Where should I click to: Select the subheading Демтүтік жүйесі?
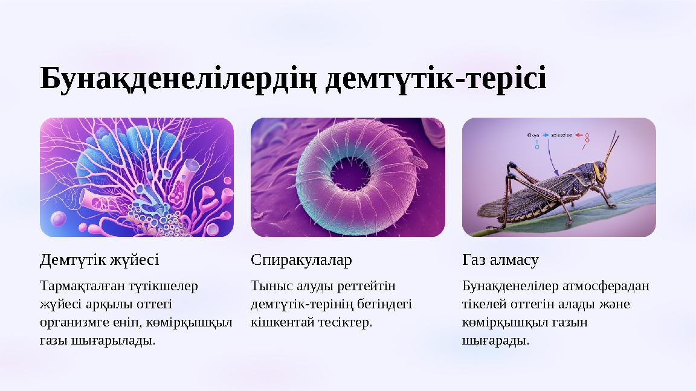pyautogui.click(x=99, y=260)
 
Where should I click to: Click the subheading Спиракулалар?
pyautogui.click(x=301, y=260)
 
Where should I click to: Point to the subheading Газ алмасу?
pyautogui.click(x=500, y=260)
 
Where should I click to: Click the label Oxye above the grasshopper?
pyautogui.click(x=533, y=135)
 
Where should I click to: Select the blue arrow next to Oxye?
pyautogui.click(x=546, y=135)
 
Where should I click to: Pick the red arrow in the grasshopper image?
pyautogui.click(x=578, y=135)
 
